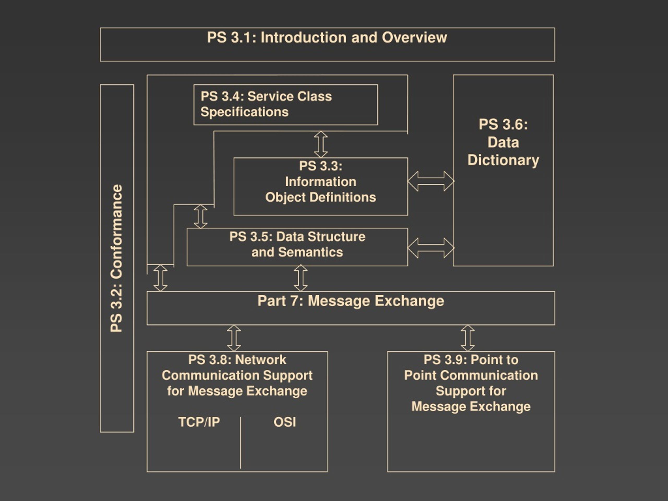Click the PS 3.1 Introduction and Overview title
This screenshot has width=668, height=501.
pos(327,38)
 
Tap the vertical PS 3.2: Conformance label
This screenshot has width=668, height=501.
pos(117,258)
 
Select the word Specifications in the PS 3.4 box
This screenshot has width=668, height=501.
pos(244,112)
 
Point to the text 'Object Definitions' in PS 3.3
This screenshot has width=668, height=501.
pos(321,198)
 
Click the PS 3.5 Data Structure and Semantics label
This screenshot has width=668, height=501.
pos(297,244)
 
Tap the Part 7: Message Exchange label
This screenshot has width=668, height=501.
pos(351,301)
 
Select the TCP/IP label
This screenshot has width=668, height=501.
pos(199,422)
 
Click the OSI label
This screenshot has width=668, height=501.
pos(285,422)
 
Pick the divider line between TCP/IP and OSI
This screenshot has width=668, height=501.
pos(241,443)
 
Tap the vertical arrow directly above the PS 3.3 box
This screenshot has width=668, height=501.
pos(321,144)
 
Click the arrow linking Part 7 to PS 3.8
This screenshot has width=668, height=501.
pos(234,338)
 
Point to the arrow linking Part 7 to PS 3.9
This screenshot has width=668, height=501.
pos(468,338)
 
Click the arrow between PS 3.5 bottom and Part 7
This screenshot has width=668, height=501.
pos(301,278)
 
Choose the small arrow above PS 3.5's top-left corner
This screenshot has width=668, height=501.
pos(200,217)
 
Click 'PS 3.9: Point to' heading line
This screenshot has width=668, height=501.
pos(471,360)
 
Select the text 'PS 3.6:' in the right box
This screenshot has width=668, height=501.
pos(503,124)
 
